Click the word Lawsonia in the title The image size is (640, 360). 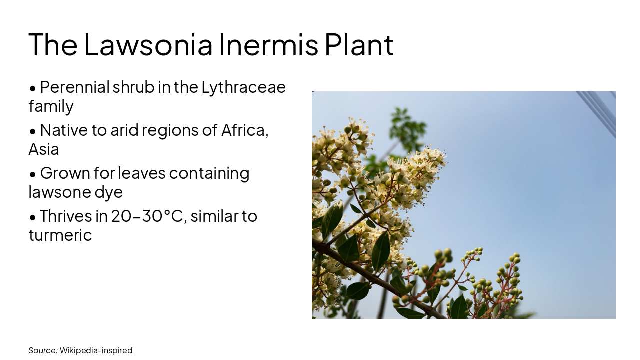[x=148, y=44]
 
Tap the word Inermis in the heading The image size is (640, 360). [x=268, y=44]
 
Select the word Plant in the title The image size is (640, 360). [x=359, y=44]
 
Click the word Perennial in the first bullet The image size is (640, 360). [x=74, y=87]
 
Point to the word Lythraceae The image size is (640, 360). [x=243, y=87]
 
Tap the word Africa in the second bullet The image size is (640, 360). [x=245, y=130]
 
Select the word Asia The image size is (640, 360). [x=44, y=149]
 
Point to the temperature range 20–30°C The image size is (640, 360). [x=147, y=216]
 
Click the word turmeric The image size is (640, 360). [x=60, y=235]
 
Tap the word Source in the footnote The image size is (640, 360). [x=43, y=350]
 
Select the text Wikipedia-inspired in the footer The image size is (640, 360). [x=96, y=350]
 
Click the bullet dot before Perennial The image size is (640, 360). [x=33, y=88]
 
